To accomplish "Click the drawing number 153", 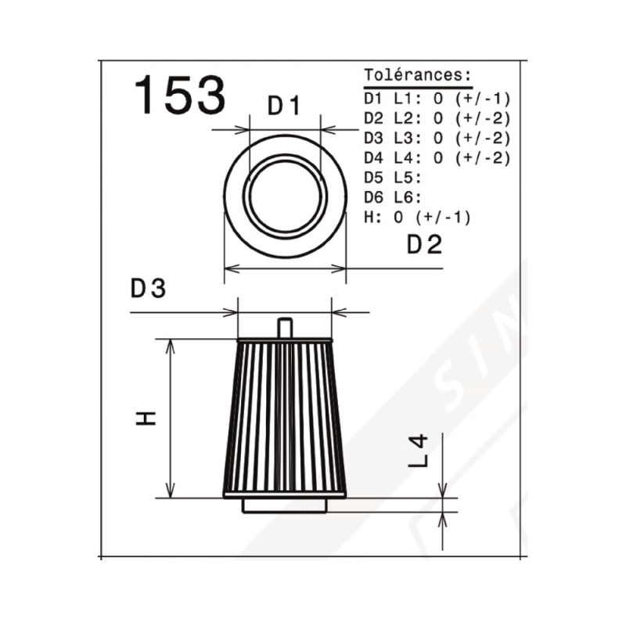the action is tap(180, 95).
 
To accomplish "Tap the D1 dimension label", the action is tap(284, 106).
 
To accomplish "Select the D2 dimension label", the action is tap(424, 244).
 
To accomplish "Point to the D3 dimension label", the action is tap(148, 288).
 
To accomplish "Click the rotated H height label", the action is tap(146, 418).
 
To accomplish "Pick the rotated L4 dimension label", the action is tap(418, 452).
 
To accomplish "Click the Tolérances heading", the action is tap(418, 74).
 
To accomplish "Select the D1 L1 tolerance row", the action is tap(437, 99).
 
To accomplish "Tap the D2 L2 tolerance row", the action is tap(437, 119).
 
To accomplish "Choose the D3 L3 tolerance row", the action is tap(437, 139).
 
